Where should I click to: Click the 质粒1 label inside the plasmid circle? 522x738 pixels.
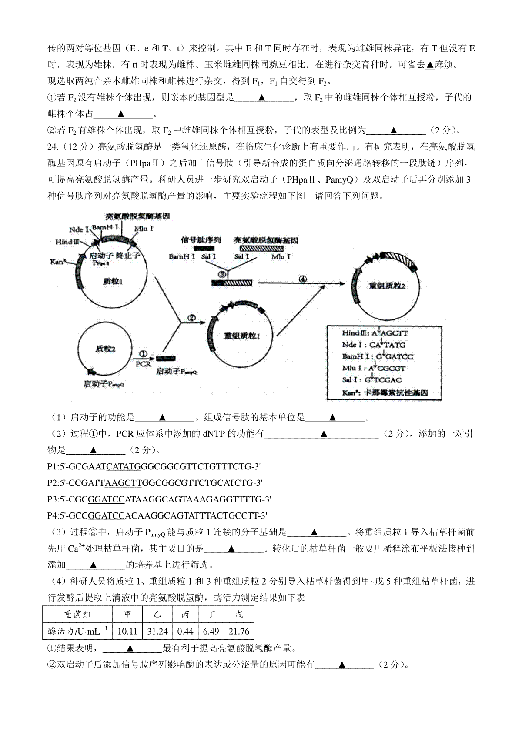[x=114, y=281]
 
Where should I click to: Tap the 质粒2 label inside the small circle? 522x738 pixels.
[x=106, y=349]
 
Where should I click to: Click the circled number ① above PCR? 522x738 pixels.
[x=144, y=354]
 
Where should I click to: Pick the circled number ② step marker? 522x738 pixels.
[x=192, y=318]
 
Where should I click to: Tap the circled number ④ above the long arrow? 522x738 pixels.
[x=303, y=279]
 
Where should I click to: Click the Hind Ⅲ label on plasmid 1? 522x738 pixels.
[x=67, y=242]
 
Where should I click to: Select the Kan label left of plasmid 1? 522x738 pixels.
[x=58, y=262]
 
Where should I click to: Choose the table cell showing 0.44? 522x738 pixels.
[x=185, y=631]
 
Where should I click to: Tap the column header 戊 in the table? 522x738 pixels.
[x=239, y=615]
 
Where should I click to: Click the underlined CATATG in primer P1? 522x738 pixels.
[x=124, y=467]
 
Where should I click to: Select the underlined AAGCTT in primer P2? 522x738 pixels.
[x=124, y=483]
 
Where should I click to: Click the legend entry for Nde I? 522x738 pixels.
[x=374, y=345]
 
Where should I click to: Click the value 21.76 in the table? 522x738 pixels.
[x=238, y=631]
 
